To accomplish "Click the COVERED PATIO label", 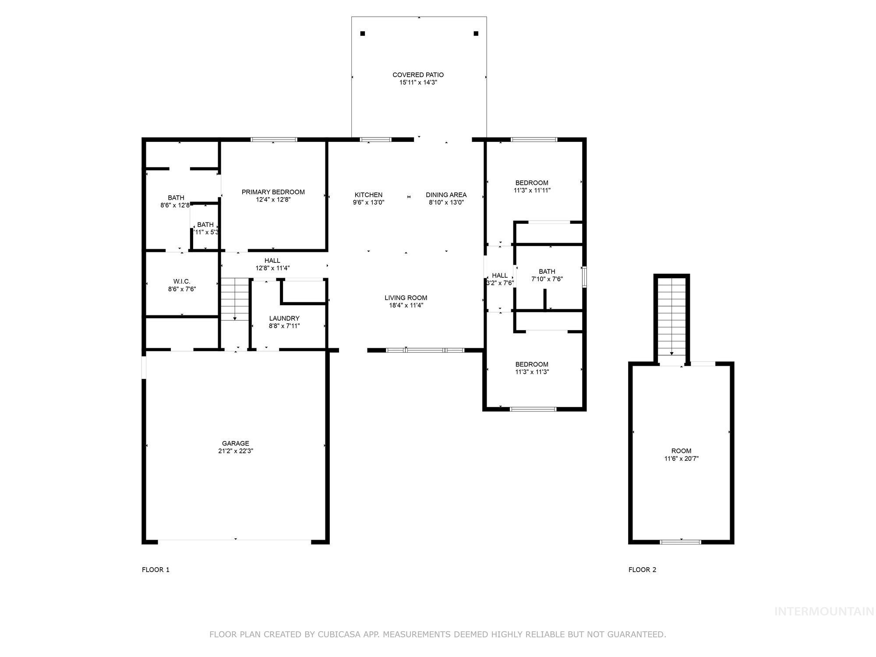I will pos(418,75).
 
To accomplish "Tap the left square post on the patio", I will pos(363,34).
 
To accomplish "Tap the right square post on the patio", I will pos(476,34).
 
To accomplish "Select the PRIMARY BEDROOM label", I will pos(273,192).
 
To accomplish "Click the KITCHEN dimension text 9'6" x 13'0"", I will pos(368,202).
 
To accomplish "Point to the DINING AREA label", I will pos(446,195).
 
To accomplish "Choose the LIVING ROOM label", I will pos(406,298).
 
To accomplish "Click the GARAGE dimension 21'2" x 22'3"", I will pos(236,451).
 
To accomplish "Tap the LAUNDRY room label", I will pos(284,318).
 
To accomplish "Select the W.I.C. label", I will pos(182,281).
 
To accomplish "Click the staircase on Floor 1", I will pos(235,299).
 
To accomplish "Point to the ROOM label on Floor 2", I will pos(681,451).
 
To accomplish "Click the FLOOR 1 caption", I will pos(155,569).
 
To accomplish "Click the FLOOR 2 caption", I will pos(642,569).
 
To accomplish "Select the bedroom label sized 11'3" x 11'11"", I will pos(532,183).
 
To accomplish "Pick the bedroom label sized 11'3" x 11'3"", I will pos(532,364).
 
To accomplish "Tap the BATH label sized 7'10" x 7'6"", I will pos(547,272).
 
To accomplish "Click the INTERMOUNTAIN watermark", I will pos(823,611).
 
